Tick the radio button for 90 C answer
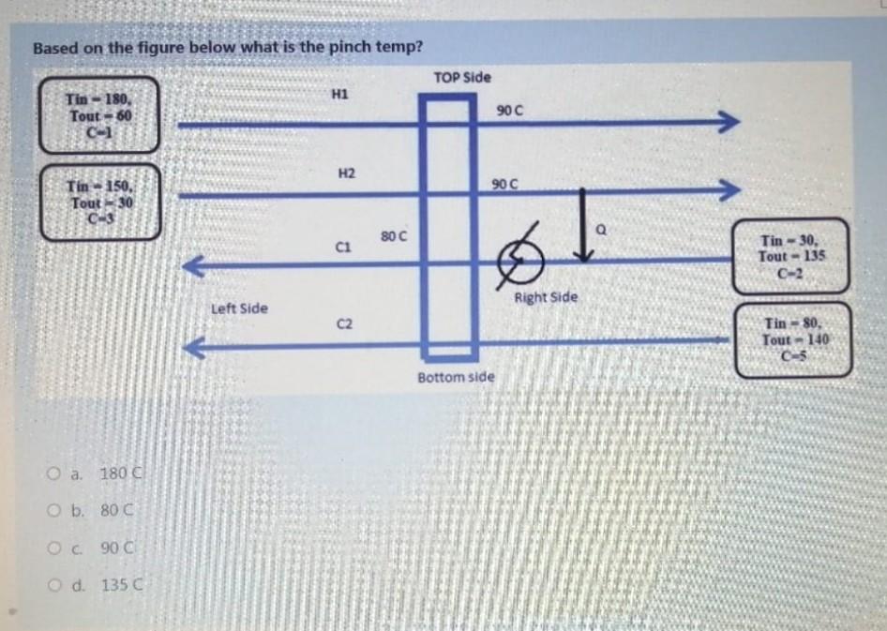click(x=55, y=548)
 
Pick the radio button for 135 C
click(x=55, y=587)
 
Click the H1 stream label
click(x=340, y=93)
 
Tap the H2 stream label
click(x=345, y=173)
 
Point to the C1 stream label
click(x=343, y=247)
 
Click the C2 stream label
click(x=344, y=324)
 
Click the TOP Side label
click(x=462, y=77)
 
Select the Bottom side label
click(x=456, y=377)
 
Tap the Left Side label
click(x=239, y=308)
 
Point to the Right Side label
click(x=546, y=297)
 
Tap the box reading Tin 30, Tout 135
click(x=792, y=255)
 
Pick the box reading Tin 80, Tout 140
click(x=793, y=339)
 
